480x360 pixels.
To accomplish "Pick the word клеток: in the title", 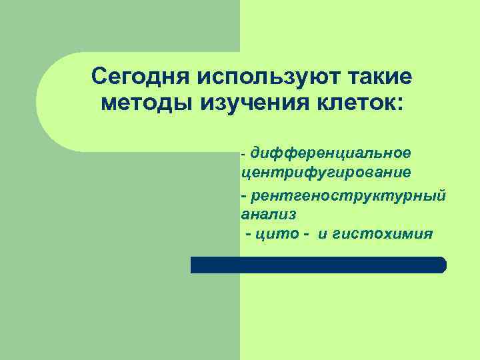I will (354, 105).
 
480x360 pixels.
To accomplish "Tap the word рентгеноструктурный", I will (348, 197).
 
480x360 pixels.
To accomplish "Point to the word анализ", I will (269, 215).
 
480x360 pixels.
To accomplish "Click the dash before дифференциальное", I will (244, 154).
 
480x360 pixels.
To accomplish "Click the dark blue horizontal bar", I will (318, 265).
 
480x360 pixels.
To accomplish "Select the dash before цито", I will (249, 235).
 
